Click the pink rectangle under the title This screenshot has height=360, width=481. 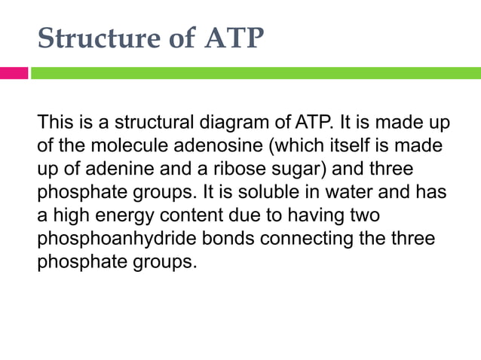(14, 73)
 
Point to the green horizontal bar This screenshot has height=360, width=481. (255, 73)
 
